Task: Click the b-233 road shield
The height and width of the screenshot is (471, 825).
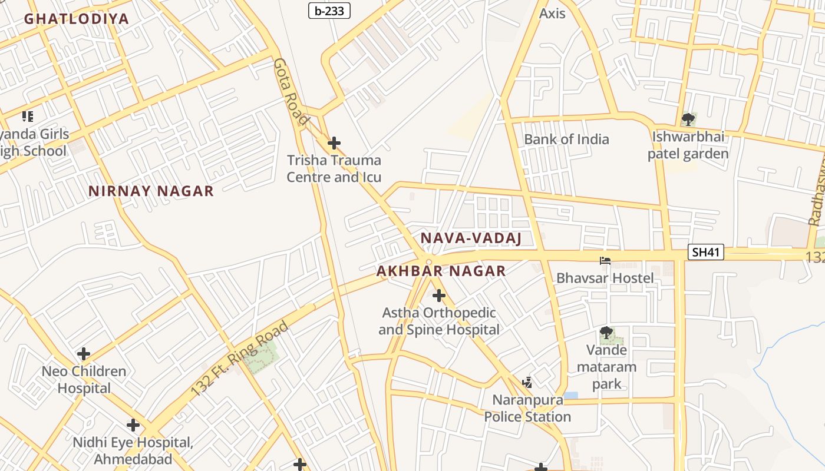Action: (x=329, y=10)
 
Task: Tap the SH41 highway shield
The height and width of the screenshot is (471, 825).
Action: (x=705, y=253)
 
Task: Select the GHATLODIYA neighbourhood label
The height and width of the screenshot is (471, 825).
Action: (x=76, y=18)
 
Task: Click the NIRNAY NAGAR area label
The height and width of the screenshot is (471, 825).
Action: (x=151, y=191)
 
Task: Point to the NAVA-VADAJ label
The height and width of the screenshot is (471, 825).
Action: (x=471, y=238)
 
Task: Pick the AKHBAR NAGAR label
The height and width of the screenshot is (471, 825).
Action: (x=441, y=271)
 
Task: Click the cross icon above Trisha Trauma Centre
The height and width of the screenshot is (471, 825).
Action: (x=334, y=143)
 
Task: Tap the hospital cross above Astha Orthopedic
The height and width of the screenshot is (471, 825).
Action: (x=438, y=296)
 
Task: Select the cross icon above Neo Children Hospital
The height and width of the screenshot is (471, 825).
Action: (x=84, y=354)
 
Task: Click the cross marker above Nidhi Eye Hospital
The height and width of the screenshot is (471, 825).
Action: (x=133, y=425)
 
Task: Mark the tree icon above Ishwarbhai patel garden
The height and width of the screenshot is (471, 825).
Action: (x=688, y=120)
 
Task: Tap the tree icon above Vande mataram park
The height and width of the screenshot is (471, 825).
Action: (x=606, y=334)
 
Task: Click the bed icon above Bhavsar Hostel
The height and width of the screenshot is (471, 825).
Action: (x=605, y=261)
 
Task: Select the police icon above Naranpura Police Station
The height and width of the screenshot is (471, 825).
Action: (x=527, y=383)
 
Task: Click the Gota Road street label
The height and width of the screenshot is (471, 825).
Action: (x=291, y=92)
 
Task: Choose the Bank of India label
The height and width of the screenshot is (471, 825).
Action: (x=566, y=140)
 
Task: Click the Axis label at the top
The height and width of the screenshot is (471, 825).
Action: (x=552, y=13)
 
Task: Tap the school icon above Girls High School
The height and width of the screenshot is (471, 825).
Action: (x=27, y=117)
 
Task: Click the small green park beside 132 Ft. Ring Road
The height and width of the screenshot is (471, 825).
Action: (x=262, y=358)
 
